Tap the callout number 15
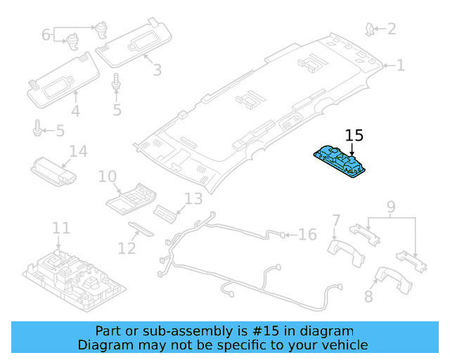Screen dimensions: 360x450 pos(354,136)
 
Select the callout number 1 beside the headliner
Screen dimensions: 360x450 pos(400,65)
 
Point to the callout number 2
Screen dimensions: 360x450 pos(391,29)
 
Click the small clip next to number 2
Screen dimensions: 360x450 pos(369,28)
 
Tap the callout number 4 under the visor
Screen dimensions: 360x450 pos(75,111)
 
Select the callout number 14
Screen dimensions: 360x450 pos(77,152)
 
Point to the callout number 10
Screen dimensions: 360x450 pos(107,176)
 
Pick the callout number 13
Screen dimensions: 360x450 pos(193,199)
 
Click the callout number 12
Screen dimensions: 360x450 pos(127,248)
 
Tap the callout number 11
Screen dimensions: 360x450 pos(61,228)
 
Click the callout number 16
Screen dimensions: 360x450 pos(308,234)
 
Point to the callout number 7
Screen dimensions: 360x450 pos(335,221)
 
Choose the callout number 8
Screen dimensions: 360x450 pos(368,297)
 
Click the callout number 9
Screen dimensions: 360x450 pos(391,207)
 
